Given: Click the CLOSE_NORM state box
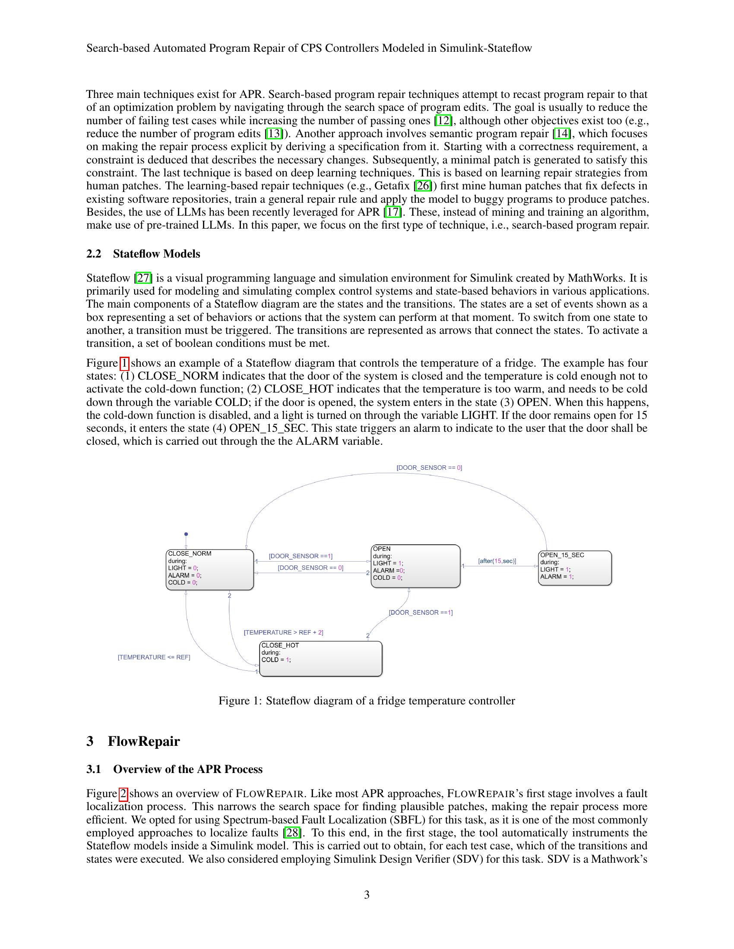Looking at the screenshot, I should coord(209,570).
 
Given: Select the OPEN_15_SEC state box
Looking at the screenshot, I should coord(574,568).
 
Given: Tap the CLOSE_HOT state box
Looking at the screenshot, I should coord(320,659).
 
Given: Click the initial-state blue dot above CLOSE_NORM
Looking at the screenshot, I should coord(186,534).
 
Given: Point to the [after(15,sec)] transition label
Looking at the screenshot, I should coord(497,561).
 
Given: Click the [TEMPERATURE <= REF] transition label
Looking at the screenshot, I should coord(154,657).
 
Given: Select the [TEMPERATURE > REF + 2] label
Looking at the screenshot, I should coord(284,632).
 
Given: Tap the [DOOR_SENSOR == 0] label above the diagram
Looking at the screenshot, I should coord(429,468).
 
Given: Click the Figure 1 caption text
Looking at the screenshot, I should coord(367,701).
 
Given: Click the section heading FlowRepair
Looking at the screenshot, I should coord(143,741).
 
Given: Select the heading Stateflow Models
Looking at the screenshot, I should coord(157,254).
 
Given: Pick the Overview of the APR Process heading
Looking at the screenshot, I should coord(188,769).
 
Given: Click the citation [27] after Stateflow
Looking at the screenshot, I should coord(143,278).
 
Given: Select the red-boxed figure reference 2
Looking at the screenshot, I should coord(123,793).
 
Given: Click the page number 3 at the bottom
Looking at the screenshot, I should coord(367,895).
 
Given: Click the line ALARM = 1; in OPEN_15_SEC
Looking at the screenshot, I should coord(557,577).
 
